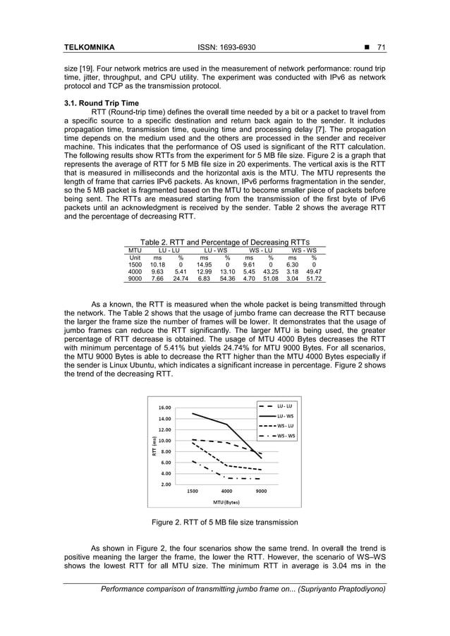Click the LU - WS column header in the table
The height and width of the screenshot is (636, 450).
[215, 250]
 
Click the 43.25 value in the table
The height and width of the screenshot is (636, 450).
[269, 271]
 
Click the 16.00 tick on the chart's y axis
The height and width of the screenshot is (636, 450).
[164, 408]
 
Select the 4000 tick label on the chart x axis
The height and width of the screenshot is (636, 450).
[227, 491]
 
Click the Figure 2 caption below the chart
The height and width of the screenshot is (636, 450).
[225, 522]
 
